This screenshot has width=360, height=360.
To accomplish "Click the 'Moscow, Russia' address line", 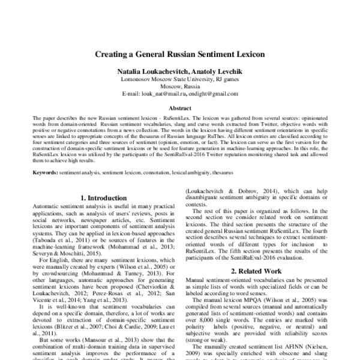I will pyautogui.click(x=180, y=86).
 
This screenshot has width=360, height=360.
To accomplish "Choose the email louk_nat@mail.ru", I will pyautogui.click(x=164, y=94).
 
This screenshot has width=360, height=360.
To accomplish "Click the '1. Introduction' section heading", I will pyautogui.click(x=101, y=197).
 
